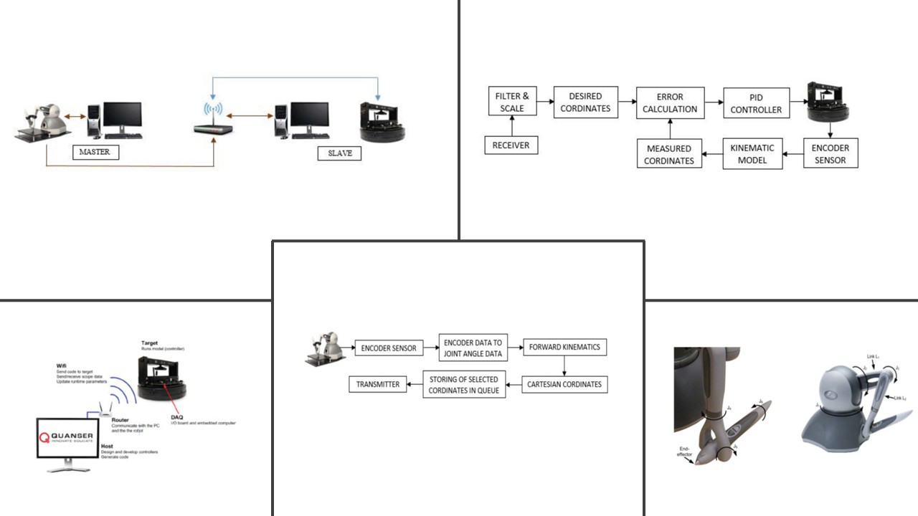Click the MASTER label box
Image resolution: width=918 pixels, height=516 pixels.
pyautogui.click(x=95, y=152)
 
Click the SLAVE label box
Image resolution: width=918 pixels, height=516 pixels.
pyautogui.click(x=340, y=153)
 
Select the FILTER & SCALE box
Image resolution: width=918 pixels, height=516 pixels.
pyautogui.click(x=512, y=102)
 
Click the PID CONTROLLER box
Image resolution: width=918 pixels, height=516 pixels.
pyautogui.click(x=756, y=103)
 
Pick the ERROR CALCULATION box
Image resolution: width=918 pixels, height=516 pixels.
pyautogui.click(x=671, y=102)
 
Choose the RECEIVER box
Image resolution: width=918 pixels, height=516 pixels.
pyautogui.click(x=511, y=145)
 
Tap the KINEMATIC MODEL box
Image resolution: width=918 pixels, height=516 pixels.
pyautogui.click(x=752, y=153)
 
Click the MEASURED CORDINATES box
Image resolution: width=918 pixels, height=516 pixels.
pyautogui.click(x=669, y=154)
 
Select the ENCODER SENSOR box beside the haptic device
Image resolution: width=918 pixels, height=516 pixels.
pyautogui.click(x=388, y=348)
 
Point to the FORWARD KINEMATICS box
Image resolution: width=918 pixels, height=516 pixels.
pyautogui.click(x=565, y=348)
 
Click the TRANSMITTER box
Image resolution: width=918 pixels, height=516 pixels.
pyautogui.click(x=378, y=384)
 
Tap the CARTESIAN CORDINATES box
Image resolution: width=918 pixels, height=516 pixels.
pyautogui.click(x=564, y=384)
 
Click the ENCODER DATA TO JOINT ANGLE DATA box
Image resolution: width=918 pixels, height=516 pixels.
pyautogui.click(x=473, y=348)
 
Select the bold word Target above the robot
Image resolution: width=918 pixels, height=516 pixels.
pyautogui.click(x=149, y=343)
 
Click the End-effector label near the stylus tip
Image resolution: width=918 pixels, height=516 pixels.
pyautogui.click(x=684, y=451)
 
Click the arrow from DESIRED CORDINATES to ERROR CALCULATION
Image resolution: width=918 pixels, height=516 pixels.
pyautogui.click(x=628, y=103)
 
